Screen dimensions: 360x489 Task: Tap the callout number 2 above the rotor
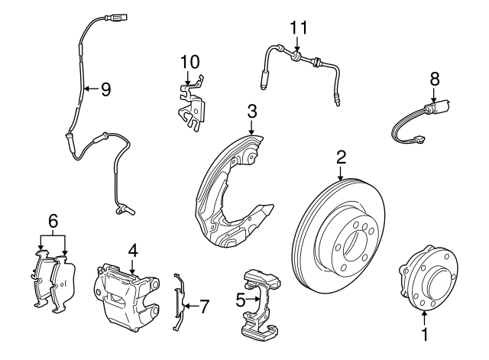[x=342, y=158]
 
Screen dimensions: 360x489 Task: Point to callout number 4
[x=132, y=249]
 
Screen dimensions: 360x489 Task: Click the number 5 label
[x=239, y=300]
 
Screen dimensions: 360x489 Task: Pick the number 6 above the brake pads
[x=53, y=221]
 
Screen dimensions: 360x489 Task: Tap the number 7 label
[x=204, y=306]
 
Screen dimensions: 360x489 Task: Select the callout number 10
[x=189, y=61]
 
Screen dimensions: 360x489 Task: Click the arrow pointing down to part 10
[x=189, y=76]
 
